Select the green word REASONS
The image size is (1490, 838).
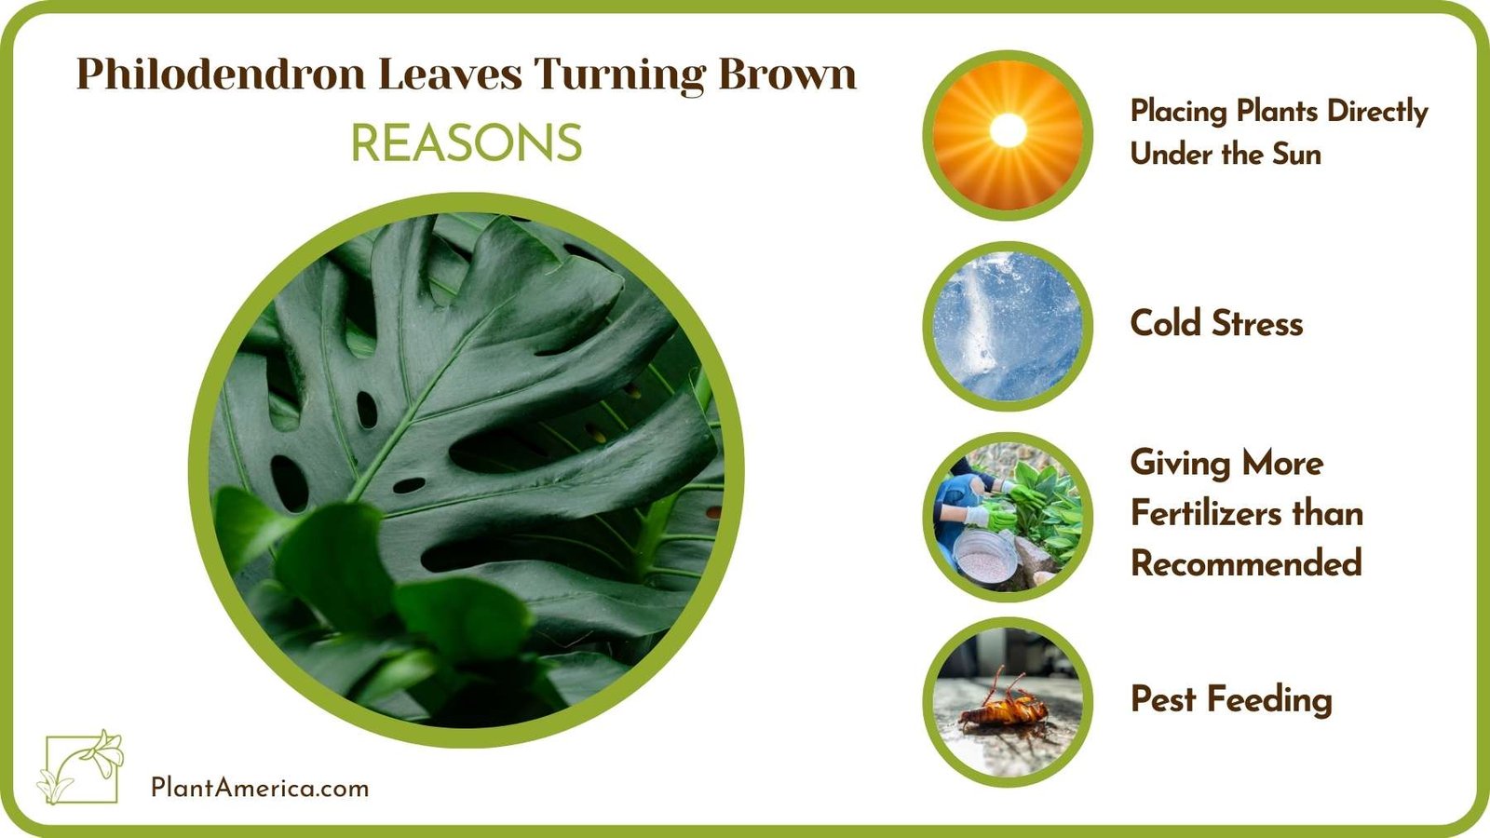point(466,143)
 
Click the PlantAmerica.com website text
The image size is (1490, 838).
point(260,788)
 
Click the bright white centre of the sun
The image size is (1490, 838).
point(1007,130)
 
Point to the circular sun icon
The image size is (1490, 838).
point(1007,136)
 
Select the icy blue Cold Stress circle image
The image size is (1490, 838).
point(1007,326)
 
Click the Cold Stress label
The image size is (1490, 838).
point(1216,324)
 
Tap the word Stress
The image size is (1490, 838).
point(1257,324)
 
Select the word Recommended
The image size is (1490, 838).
point(1246,563)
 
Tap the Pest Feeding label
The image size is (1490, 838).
point(1231,699)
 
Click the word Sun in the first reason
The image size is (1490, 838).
point(1296,154)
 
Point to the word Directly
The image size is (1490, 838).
point(1377,112)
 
